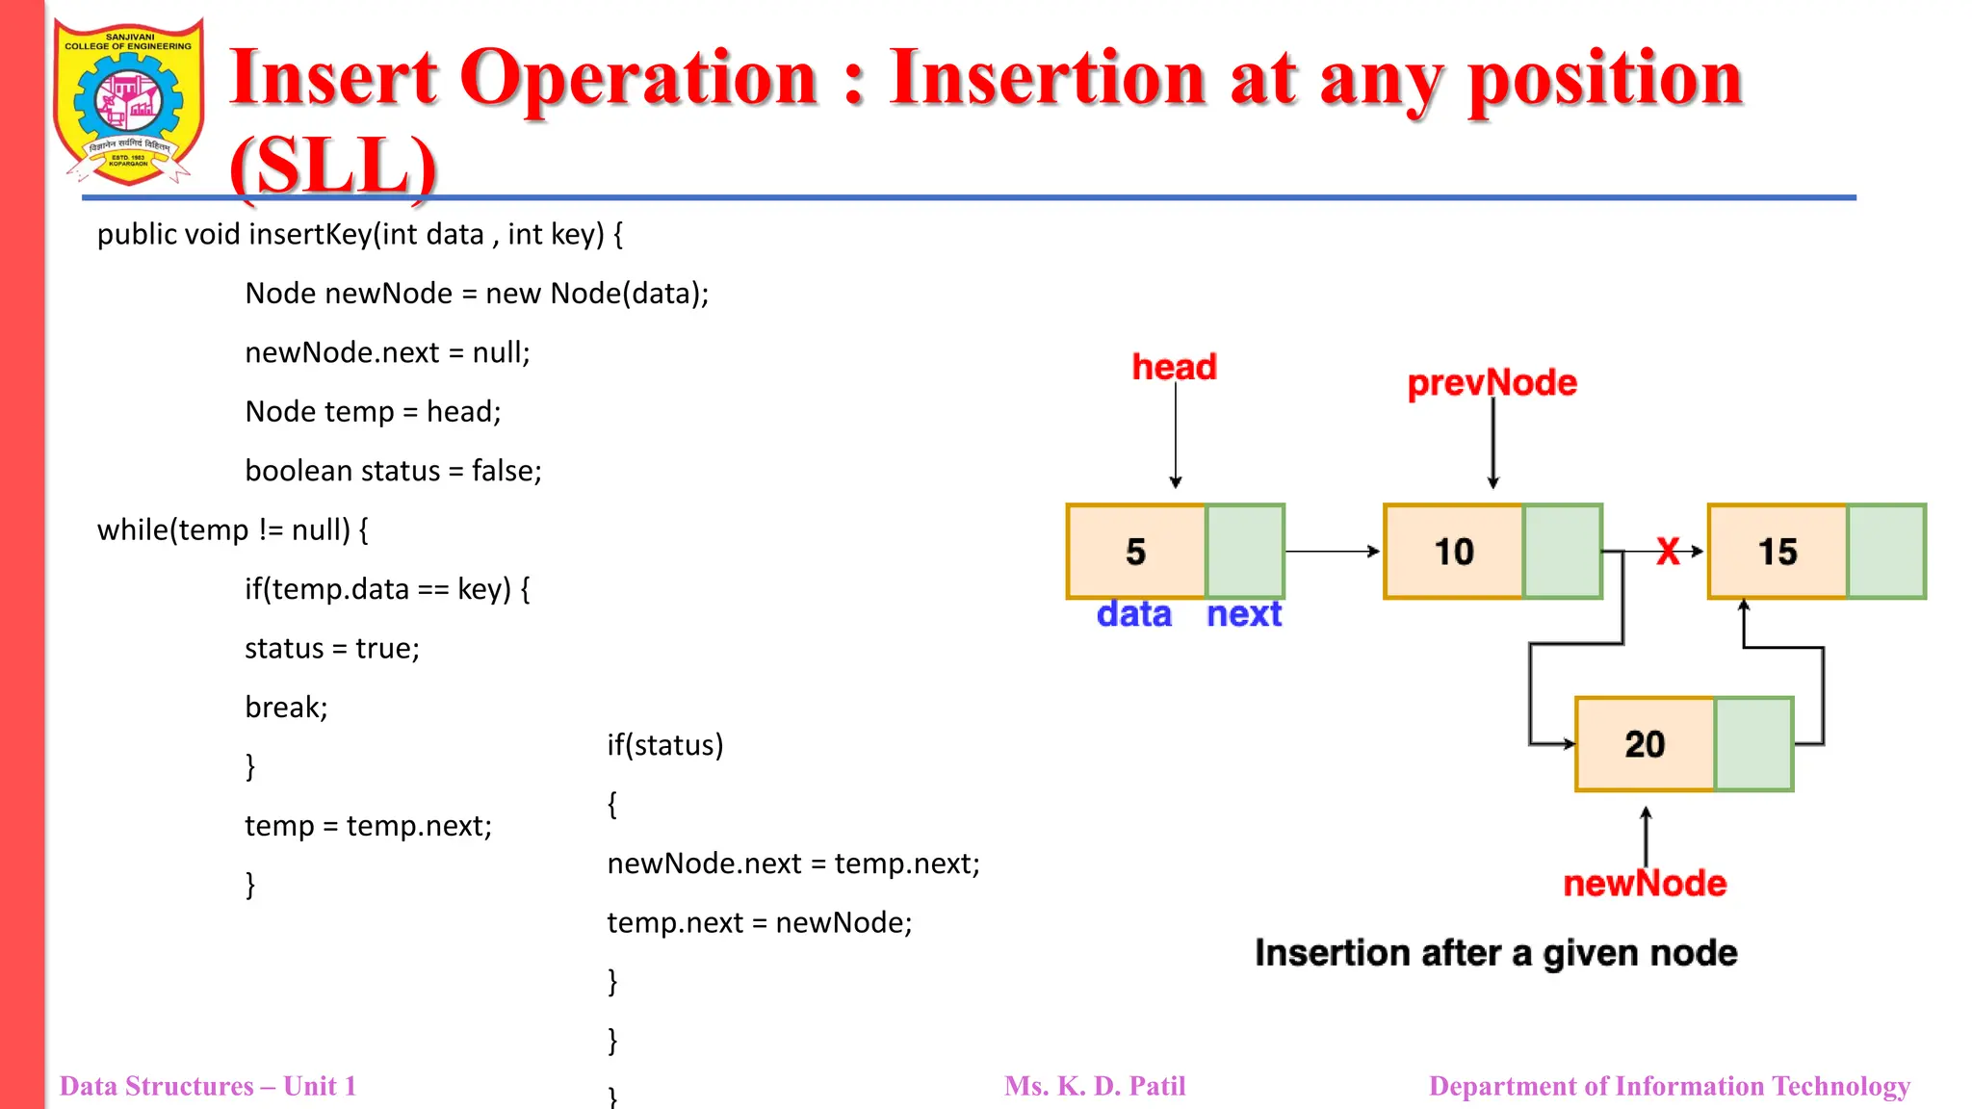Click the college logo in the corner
point(129,102)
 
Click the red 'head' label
point(1174,367)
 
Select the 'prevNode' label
point(1492,383)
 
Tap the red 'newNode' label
point(1645,883)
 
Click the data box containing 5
point(1136,552)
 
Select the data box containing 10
point(1454,552)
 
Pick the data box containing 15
point(1777,552)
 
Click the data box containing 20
point(1645,744)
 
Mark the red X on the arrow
point(1668,552)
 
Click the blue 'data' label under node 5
point(1134,614)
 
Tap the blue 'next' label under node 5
point(1244,614)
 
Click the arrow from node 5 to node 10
point(1333,552)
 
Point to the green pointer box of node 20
point(1753,744)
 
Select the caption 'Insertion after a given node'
point(1495,953)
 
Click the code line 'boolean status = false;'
point(393,471)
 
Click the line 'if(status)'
point(664,745)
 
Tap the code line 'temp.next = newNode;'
point(759,922)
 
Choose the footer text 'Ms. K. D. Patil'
point(1095,1086)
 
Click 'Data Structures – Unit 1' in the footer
point(208,1086)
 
